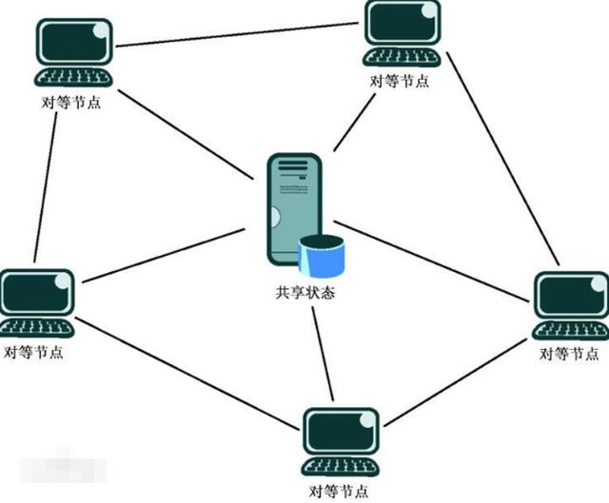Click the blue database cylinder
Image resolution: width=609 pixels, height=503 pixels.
tap(322, 257)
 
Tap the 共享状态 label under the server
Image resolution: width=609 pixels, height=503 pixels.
tap(305, 292)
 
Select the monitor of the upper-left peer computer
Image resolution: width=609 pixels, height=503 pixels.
tap(74, 42)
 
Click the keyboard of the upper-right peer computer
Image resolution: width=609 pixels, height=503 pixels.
tap(402, 58)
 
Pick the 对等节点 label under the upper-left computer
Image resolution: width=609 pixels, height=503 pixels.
tap(71, 102)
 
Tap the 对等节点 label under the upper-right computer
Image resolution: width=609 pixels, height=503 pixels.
tap(400, 81)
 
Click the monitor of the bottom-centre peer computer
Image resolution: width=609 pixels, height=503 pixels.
tap(341, 431)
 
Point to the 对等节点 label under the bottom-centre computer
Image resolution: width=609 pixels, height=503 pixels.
tap(339, 491)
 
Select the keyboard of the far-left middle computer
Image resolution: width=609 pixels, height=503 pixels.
tap(36, 328)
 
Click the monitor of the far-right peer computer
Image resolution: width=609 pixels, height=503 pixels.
tap(571, 295)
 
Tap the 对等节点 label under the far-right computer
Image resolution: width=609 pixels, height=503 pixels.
tap(569, 354)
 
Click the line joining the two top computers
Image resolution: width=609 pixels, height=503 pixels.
tap(237, 34)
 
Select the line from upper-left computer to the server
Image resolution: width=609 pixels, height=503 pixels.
tap(186, 135)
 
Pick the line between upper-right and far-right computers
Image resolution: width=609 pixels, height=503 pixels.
tap(502, 159)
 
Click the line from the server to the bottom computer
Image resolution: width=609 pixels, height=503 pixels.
tap(323, 354)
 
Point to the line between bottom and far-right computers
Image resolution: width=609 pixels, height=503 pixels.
tap(455, 382)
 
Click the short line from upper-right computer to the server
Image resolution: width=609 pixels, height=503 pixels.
tap(354, 123)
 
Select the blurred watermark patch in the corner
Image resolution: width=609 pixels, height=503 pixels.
tap(64, 469)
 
